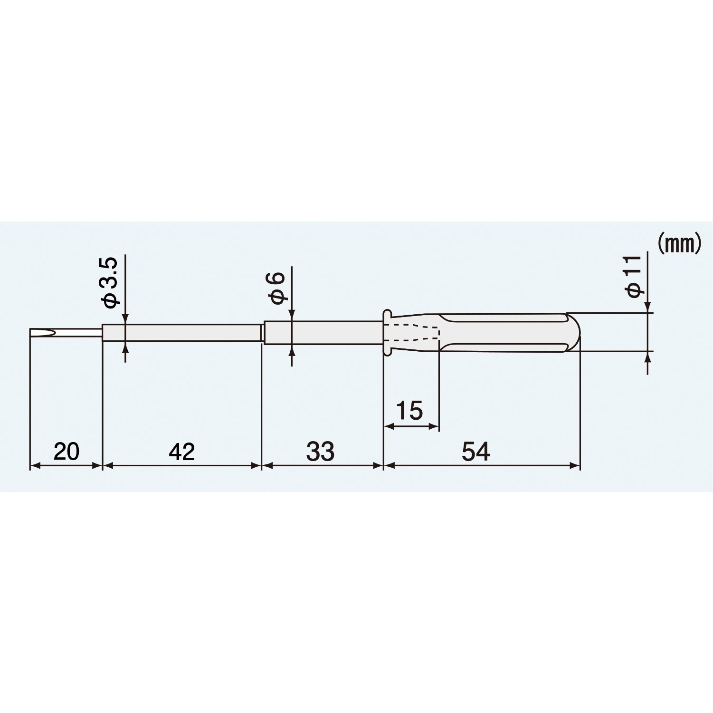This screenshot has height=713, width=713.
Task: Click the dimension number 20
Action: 66,451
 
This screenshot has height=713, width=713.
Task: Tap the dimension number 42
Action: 182,451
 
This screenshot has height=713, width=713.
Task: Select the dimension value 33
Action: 320,451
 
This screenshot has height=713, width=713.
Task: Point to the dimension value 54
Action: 475,451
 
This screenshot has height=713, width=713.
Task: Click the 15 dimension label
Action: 409,411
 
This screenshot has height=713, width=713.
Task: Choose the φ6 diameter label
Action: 278,288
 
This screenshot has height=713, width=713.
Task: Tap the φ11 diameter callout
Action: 635,277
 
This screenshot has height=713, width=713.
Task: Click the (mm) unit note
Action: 679,244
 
